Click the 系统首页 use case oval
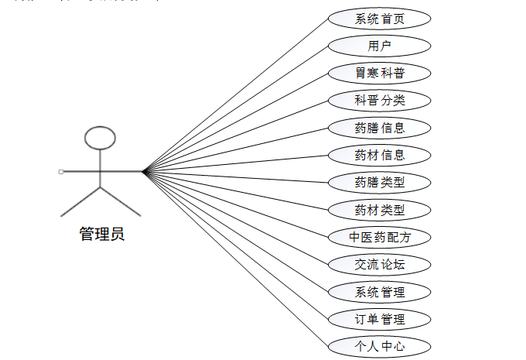pos(379,19)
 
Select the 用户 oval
pos(379,46)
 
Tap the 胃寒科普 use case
pos(379,74)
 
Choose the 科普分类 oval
pos(379,101)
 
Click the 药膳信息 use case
pos(379,128)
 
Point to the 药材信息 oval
pos(379,155)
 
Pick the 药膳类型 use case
pos(379,183)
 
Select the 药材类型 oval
pos(379,210)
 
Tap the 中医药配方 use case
pos(379,237)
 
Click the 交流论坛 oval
pos(379,265)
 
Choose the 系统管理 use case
pos(379,292)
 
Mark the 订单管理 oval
pos(379,319)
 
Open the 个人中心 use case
pos(379,346)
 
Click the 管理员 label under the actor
pos(101,234)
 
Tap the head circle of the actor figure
pos(100,138)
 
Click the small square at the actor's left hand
pos(61,170)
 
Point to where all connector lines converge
pos(144,171)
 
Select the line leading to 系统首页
pos(236,94)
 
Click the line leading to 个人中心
pos(236,258)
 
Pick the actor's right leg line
pos(121,201)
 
